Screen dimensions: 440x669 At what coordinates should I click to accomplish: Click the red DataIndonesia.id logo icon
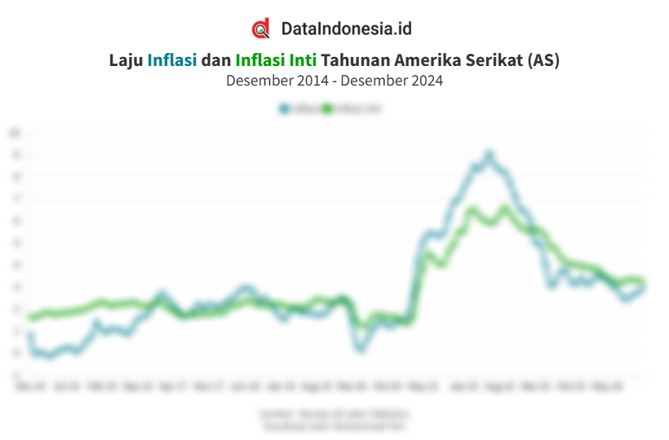[260, 29]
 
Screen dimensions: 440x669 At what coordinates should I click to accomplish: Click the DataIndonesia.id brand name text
[346, 29]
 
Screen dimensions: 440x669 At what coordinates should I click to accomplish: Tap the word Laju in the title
[126, 60]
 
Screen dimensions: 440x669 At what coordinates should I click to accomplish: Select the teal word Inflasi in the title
[172, 60]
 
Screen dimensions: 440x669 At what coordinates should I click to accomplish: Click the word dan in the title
[216, 60]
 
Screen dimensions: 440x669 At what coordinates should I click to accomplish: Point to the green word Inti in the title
[303, 60]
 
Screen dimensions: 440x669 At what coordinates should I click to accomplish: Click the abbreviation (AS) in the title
[543, 60]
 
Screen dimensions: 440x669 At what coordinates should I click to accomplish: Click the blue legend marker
[284, 108]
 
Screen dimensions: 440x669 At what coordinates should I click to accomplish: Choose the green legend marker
[328, 108]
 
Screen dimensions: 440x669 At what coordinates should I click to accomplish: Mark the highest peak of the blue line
[490, 154]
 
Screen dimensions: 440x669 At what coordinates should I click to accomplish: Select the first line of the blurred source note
[334, 414]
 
